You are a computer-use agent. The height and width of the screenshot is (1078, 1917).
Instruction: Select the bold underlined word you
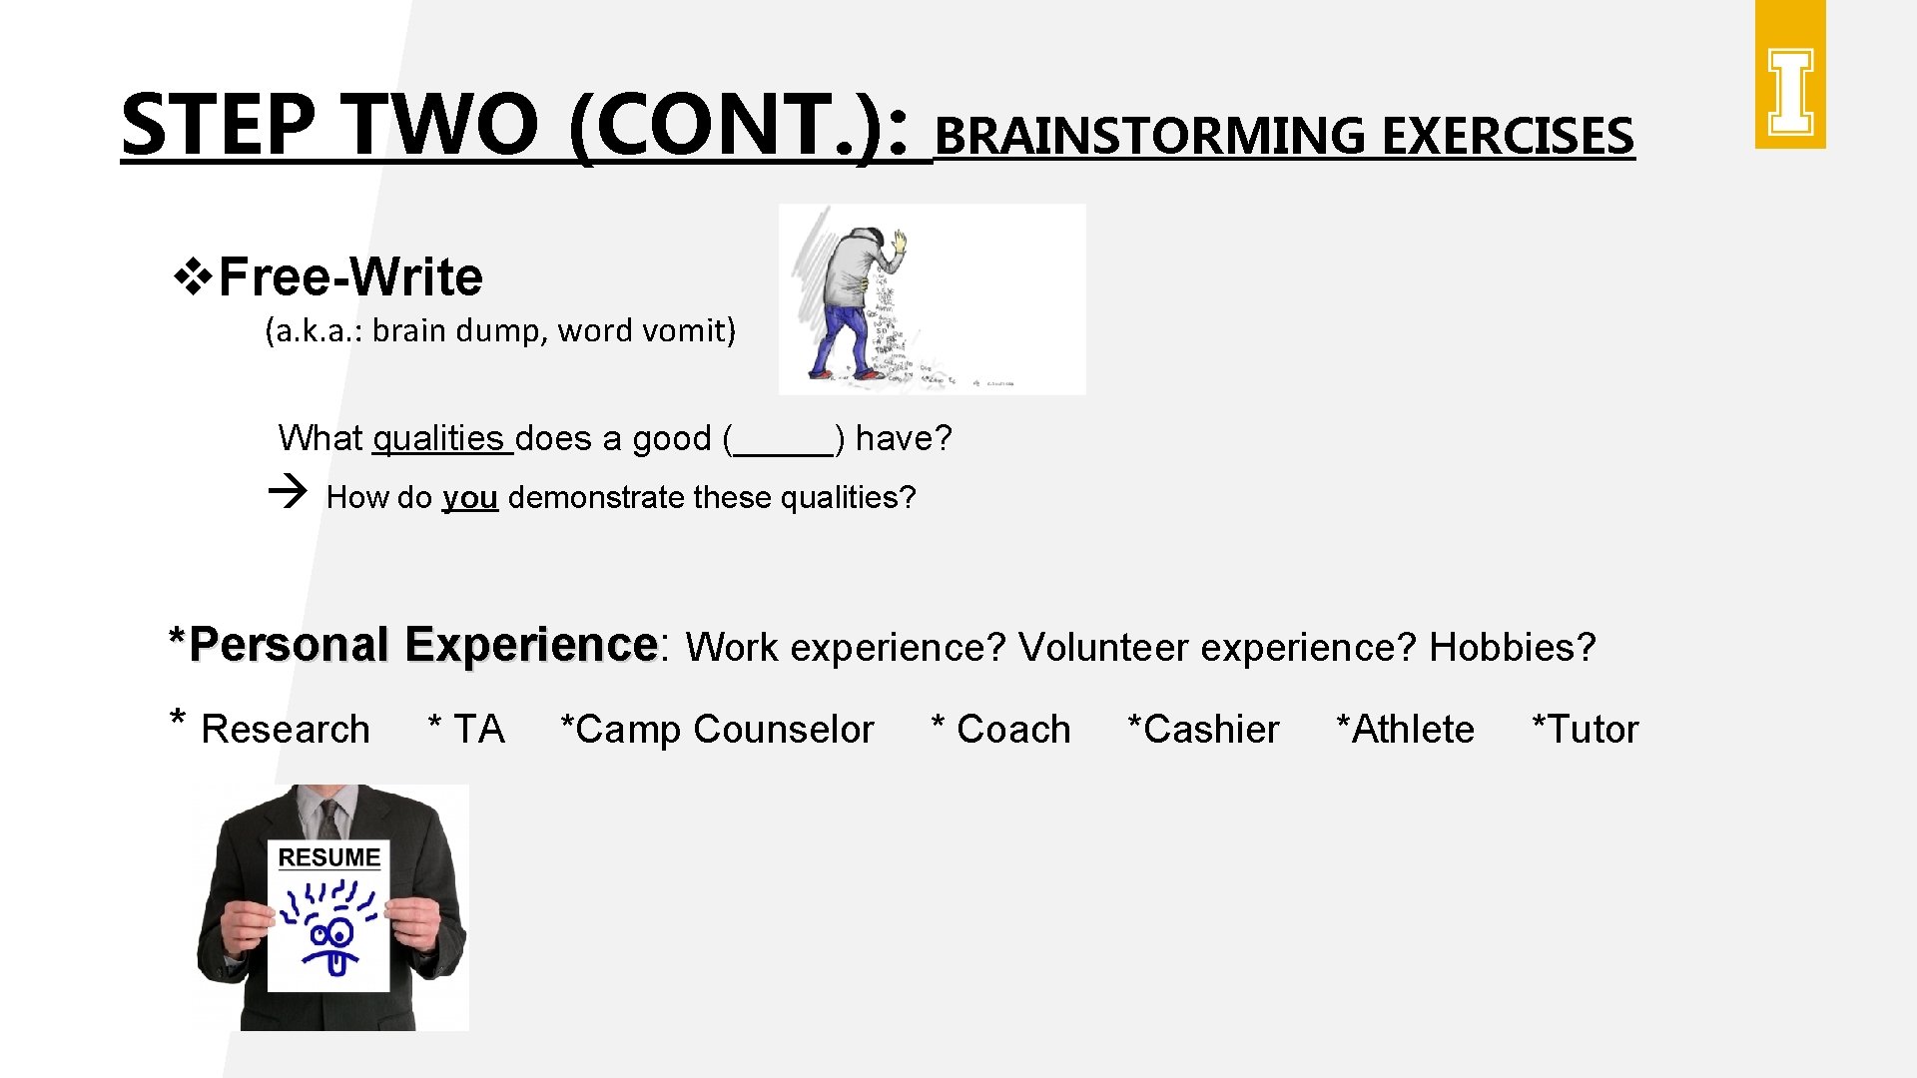click(469, 497)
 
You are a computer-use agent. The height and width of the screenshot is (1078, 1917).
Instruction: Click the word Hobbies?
click(1513, 648)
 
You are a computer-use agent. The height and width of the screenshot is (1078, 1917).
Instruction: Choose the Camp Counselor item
click(718, 730)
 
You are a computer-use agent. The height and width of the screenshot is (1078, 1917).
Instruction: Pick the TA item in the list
click(478, 730)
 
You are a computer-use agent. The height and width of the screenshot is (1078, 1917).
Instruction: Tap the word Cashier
click(1210, 730)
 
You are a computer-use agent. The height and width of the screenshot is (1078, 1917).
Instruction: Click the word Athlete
click(1412, 730)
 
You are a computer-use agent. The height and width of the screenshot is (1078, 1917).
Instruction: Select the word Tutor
click(1592, 730)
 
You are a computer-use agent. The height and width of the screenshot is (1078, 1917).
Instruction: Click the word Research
click(286, 730)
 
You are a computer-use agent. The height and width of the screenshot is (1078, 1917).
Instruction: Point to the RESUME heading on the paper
click(328, 857)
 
